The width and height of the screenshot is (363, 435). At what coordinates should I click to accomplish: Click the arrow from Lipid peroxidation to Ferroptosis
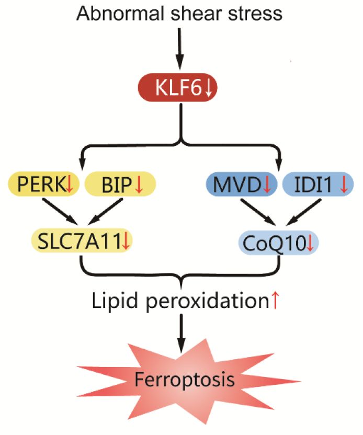click(181, 332)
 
